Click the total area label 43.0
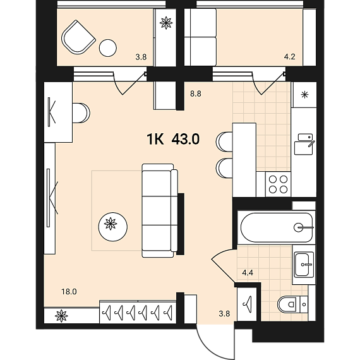(186, 139)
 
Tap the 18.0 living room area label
(69, 292)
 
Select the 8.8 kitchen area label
(196, 94)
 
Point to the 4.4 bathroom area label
(248, 273)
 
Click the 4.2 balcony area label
(289, 56)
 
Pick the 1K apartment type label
(155, 139)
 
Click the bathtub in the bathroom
(277, 227)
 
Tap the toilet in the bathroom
(292, 304)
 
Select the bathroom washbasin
(303, 265)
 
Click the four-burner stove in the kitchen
(278, 184)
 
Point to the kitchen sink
(304, 144)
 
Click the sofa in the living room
(160, 210)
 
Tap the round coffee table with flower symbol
(112, 227)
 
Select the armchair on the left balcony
(78, 37)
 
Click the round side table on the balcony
(107, 48)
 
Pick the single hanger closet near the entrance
(247, 304)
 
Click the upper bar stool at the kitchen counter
(224, 141)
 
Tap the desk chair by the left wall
(81, 113)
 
